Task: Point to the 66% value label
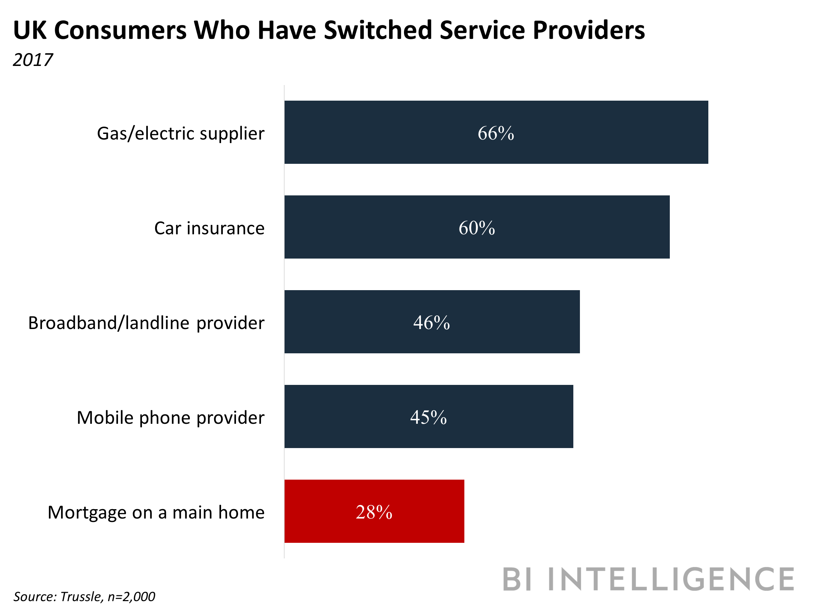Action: (496, 133)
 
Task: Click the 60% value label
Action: (477, 228)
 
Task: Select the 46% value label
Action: (431, 322)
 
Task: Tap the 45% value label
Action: (428, 417)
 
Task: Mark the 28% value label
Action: (374, 512)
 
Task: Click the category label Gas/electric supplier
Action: (180, 134)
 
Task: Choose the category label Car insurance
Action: (209, 228)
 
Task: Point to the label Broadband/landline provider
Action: (146, 323)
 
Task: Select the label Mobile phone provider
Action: (170, 418)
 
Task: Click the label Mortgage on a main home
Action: (156, 512)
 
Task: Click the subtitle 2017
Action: (33, 60)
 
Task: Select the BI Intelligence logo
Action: (648, 580)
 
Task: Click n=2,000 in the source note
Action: (131, 597)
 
